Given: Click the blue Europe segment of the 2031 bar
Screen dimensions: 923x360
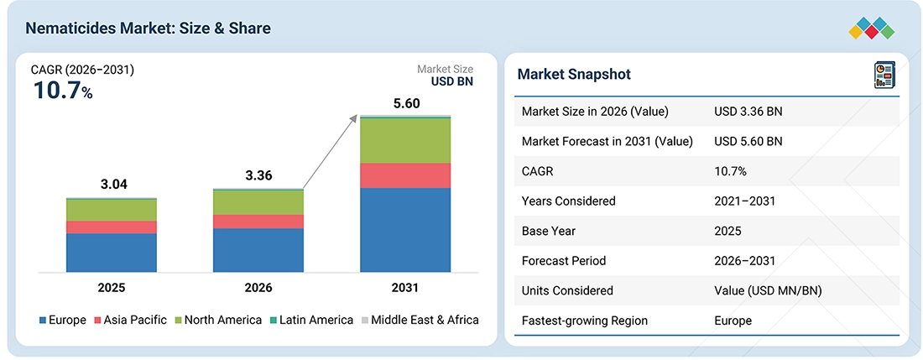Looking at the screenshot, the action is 405,230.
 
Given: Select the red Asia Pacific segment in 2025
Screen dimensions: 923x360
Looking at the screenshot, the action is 112,227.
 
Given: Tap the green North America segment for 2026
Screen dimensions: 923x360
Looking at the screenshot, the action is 258,202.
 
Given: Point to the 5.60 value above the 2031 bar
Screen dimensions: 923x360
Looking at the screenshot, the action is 405,103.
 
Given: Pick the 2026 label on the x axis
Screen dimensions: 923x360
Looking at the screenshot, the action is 258,288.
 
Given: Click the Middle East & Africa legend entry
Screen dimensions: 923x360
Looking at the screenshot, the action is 420,320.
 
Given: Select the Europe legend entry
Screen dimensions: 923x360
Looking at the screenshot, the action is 62,320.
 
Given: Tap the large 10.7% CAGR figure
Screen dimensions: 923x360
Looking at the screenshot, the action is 62,91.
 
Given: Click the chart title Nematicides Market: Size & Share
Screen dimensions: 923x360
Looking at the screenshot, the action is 149,29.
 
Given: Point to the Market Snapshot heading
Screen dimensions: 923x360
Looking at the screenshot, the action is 574,74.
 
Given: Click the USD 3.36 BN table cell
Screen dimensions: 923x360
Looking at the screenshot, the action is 748,111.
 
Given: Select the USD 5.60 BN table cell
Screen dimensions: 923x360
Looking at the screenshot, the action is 748,141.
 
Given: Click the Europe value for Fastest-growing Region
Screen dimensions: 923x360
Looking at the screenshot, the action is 733,321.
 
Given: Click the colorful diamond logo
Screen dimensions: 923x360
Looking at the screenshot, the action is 872,29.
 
